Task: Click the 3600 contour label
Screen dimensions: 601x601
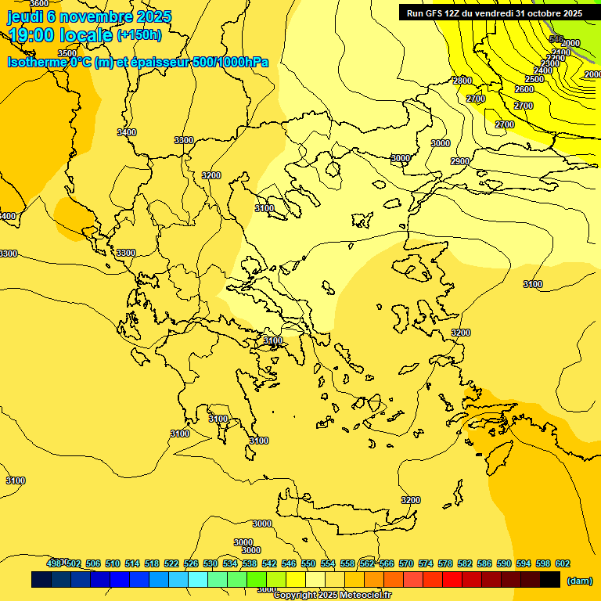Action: [39, 4]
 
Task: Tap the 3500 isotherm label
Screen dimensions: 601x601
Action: [67, 53]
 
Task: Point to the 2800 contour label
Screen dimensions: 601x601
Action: [462, 81]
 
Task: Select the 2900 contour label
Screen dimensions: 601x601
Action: [460, 161]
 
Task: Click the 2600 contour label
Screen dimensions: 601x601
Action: [524, 90]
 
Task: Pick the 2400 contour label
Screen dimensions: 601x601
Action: [542, 70]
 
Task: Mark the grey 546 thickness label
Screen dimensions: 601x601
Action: [556, 38]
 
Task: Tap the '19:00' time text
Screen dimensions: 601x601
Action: [31, 35]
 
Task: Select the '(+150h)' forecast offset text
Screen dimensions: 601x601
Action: [139, 35]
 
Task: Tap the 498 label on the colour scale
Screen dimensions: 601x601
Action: [54, 563]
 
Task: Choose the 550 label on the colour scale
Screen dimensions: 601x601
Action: [308, 563]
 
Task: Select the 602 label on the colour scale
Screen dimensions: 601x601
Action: [562, 563]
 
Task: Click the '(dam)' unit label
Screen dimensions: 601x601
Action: [579, 580]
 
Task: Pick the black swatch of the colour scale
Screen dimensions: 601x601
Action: [550, 580]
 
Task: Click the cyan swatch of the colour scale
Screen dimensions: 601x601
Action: [198, 580]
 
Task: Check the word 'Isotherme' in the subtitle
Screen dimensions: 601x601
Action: [36, 62]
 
